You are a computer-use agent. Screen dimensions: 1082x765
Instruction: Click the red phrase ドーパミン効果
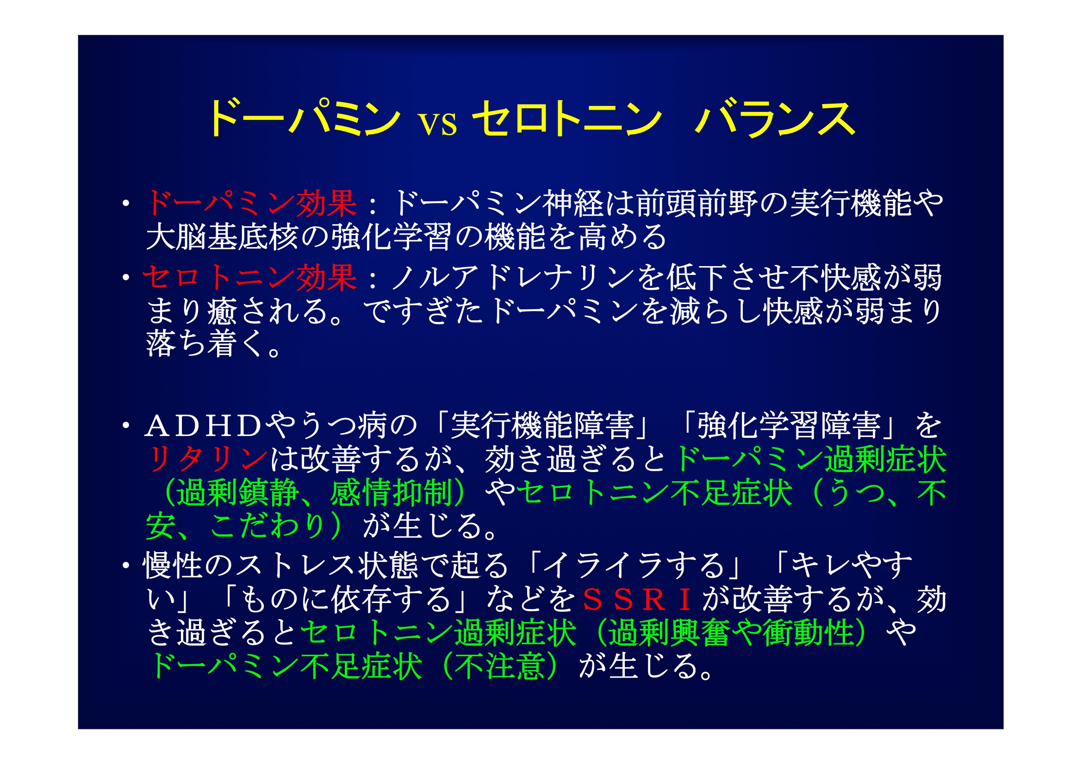252,204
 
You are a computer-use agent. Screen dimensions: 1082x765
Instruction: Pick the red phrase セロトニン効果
250,277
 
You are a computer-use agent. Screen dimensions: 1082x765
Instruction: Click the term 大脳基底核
222,236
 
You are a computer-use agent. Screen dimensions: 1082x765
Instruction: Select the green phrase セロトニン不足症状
654,492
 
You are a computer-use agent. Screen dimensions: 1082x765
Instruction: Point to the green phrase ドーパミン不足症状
285,666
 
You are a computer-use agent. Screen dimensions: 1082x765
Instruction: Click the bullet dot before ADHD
125,426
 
